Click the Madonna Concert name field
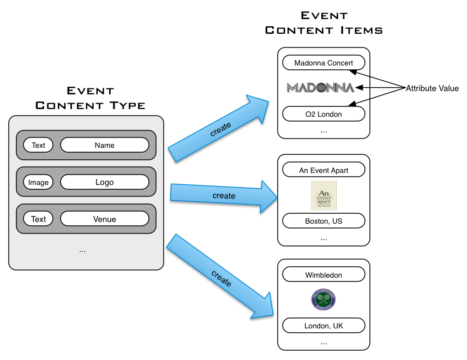pos(324,63)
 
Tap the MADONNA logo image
pos(320,88)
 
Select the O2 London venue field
pos(324,114)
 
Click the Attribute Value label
pos(432,88)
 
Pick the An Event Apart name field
pos(324,170)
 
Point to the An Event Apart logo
pos(324,195)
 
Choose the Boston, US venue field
pos(324,221)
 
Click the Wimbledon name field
pos(324,275)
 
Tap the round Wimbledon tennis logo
pos(324,300)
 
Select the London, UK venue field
pos(324,326)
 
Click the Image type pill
pos(38,182)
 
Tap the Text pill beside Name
pos(38,145)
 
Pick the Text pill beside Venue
pos(38,219)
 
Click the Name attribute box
pos(104,145)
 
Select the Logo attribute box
pos(104,182)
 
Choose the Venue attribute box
pos(104,219)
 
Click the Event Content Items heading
pos(324,23)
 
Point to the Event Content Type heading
pos(90,98)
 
